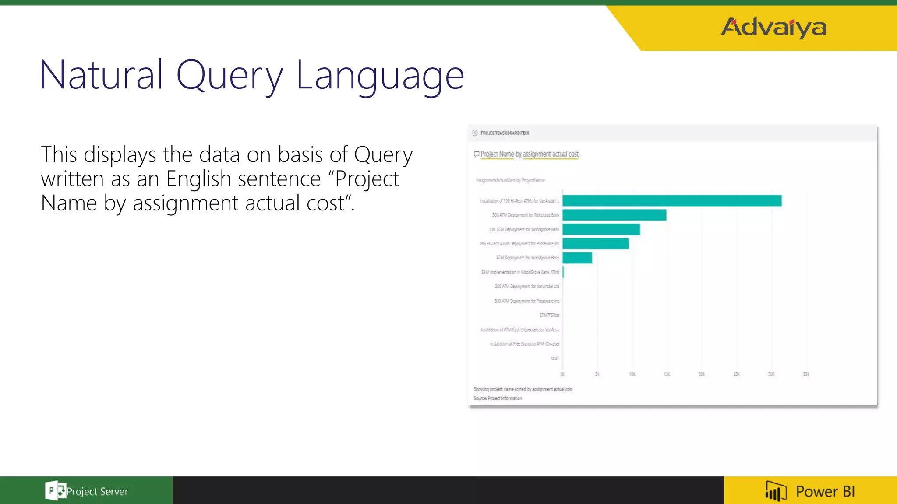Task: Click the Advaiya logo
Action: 773,27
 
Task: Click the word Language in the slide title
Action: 380,75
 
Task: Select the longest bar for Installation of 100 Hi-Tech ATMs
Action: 672,201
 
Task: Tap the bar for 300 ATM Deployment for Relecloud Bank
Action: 614,215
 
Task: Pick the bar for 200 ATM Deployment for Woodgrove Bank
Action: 601,229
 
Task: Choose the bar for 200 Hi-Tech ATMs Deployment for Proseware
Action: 595,244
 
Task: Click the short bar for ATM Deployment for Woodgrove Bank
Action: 577,258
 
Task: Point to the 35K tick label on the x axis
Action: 806,374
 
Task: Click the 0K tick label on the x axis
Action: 562,374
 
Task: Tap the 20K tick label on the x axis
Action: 702,374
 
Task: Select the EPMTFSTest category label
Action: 549,315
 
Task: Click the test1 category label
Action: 554,358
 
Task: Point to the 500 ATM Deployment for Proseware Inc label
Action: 527,301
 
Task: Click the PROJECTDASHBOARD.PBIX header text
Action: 505,133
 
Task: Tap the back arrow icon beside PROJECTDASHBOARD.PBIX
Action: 475,133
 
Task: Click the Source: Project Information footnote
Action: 498,399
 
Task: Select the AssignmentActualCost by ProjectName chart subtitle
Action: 510,180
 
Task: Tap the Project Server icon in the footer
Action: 55,491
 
